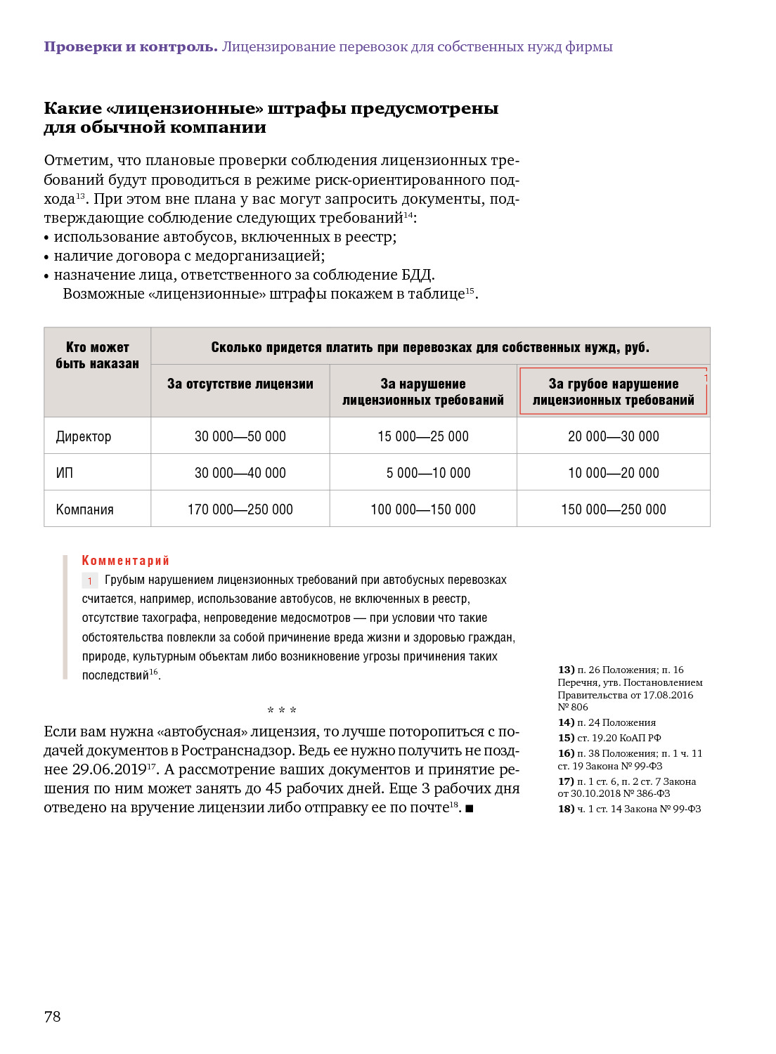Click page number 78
53,1016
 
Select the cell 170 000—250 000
240,509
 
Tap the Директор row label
84,436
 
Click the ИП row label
65,473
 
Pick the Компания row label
85,509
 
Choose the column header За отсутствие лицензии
240,384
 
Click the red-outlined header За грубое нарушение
613,391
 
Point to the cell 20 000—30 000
613,436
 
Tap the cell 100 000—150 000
422,509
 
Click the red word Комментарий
126,560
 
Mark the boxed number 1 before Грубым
90,581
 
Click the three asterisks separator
282,710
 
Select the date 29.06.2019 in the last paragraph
109,769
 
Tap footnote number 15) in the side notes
566,738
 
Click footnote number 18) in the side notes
566,809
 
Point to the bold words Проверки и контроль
131,47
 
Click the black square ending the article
470,809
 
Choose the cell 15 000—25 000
422,436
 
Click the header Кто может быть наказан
98,356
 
